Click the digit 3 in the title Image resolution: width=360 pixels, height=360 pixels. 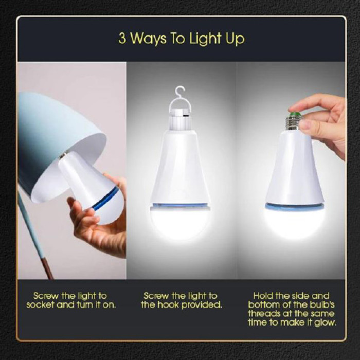tap(122, 38)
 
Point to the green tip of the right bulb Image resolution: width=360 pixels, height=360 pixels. tap(295, 114)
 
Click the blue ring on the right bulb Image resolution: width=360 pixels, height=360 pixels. tap(295, 206)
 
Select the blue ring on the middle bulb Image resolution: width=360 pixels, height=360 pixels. tap(180, 205)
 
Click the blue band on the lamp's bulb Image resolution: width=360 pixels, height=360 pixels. tap(105, 199)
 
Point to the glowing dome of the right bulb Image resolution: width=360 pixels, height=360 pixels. tap(295, 223)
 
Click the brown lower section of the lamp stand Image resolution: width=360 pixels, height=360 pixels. tap(48, 268)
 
